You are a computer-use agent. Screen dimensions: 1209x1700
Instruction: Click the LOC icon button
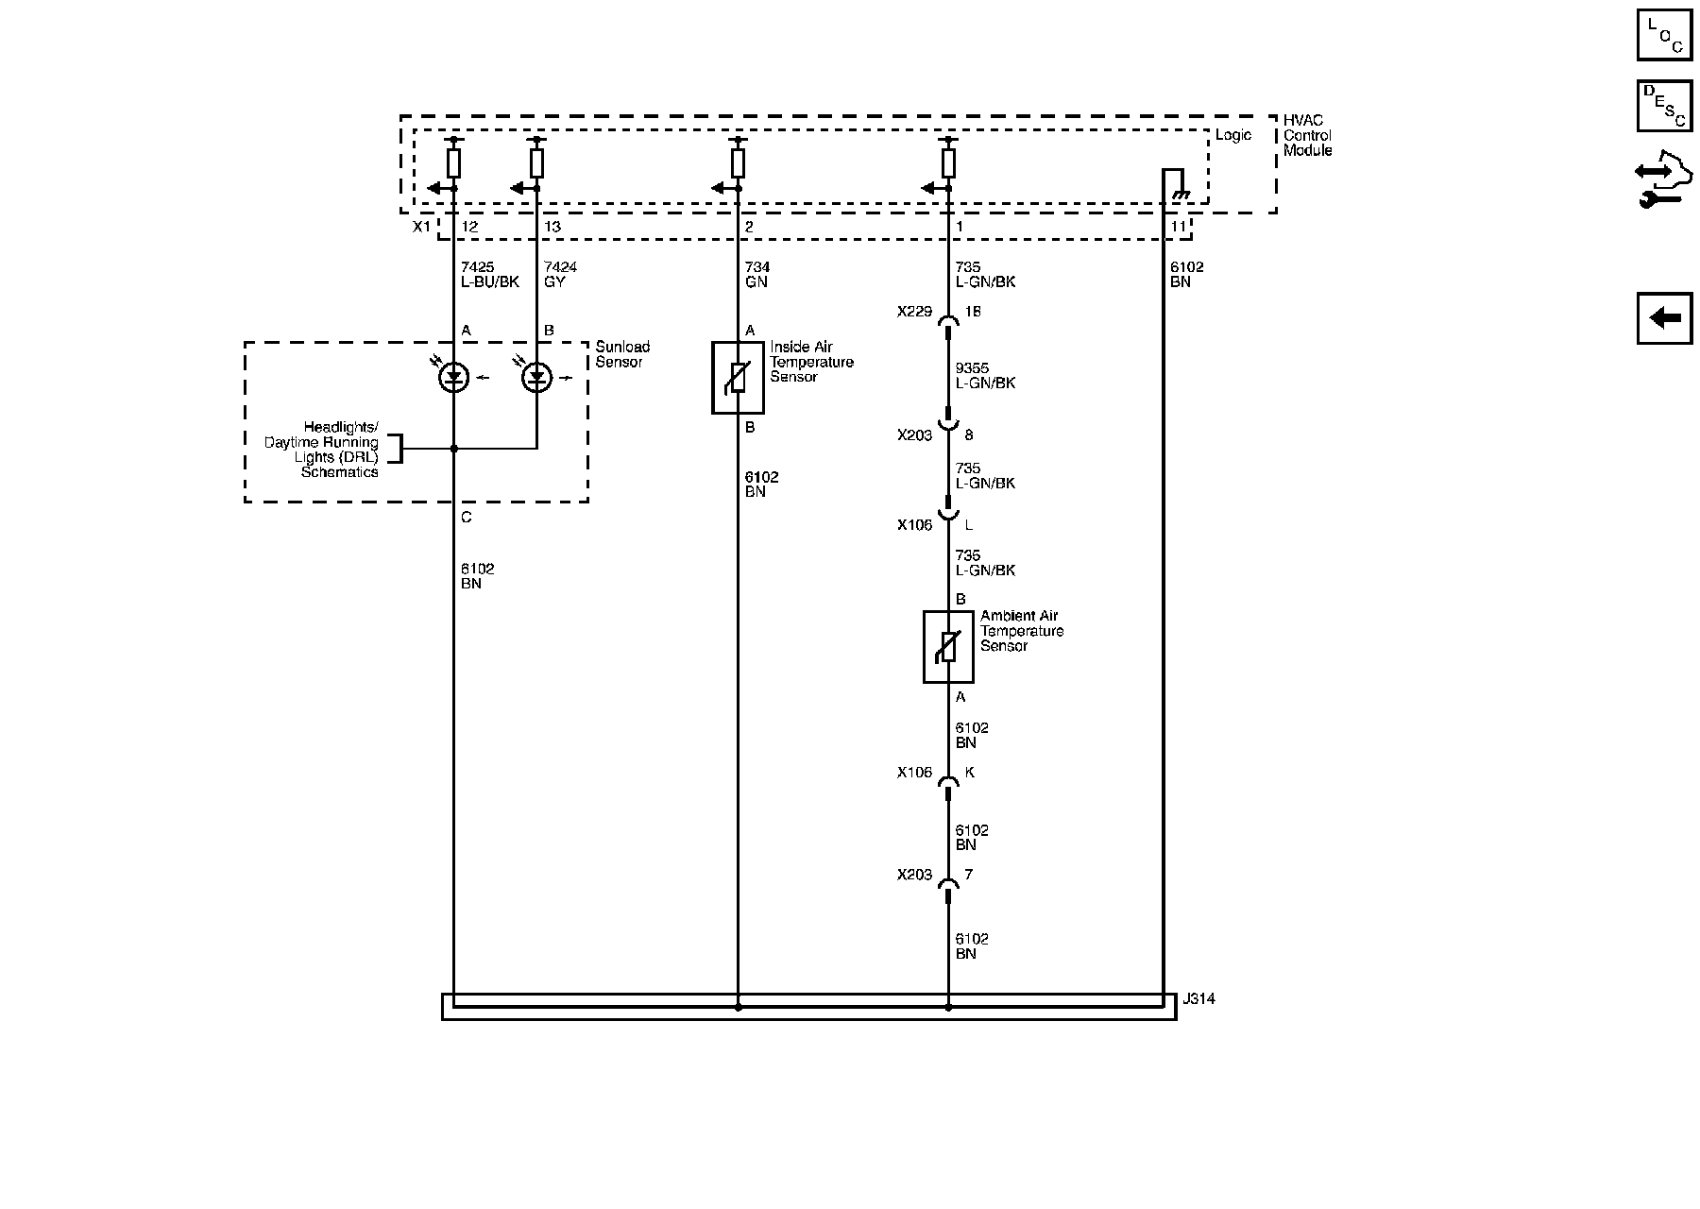[x=1664, y=36]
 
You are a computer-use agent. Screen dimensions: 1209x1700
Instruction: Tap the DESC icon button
[x=1664, y=106]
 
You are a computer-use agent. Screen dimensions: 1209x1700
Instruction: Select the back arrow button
[x=1664, y=318]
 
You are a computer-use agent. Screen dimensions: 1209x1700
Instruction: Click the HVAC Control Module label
[x=1307, y=135]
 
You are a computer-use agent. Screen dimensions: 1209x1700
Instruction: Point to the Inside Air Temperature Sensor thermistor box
[x=738, y=378]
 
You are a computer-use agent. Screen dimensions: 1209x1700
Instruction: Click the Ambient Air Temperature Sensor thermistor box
[x=948, y=646]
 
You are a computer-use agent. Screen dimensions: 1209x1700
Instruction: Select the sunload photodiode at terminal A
[x=454, y=378]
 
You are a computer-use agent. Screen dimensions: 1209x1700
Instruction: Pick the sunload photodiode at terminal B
[x=537, y=378]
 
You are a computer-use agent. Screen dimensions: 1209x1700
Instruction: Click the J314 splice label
[x=1198, y=998]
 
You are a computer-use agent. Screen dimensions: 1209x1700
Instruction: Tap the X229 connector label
[x=914, y=311]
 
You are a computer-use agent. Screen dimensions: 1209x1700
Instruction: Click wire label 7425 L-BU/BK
[x=489, y=275]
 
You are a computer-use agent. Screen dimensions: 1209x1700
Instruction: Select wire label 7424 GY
[x=560, y=275]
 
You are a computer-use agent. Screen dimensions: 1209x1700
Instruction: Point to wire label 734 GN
[x=757, y=275]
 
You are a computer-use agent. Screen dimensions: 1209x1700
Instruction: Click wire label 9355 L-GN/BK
[x=985, y=376]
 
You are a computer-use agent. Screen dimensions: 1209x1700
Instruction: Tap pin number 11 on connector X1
[x=1179, y=227]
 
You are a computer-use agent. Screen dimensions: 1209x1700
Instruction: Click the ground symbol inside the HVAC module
[x=1178, y=196]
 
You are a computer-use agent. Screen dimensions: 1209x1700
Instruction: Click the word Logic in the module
[x=1232, y=135]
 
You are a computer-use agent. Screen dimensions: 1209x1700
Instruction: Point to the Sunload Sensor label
[x=621, y=354]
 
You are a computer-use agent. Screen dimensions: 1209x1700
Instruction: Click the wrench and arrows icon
[x=1664, y=185]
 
